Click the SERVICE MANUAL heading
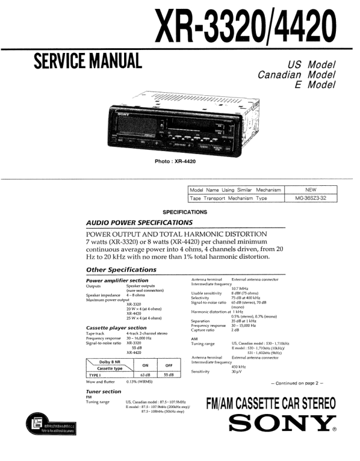(x=88, y=61)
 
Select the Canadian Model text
(x=296, y=75)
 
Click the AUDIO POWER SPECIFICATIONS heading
(x=139, y=223)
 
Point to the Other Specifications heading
(x=121, y=270)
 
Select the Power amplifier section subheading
(x=117, y=280)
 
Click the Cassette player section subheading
(x=116, y=328)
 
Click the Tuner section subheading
(x=104, y=391)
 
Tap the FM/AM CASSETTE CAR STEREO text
(x=271, y=404)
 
